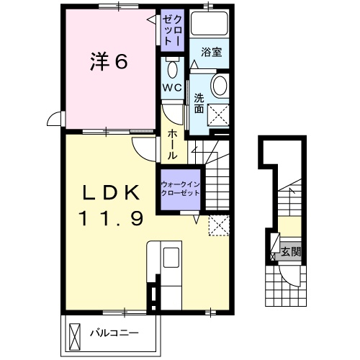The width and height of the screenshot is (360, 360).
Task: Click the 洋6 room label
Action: (109, 61)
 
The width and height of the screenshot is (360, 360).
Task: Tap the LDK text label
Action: (112, 192)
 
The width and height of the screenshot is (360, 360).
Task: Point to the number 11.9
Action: (112, 218)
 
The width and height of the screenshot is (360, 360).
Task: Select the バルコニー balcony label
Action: (114, 333)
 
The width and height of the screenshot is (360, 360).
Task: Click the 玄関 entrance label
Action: (291, 251)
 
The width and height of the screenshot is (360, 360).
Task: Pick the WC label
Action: (172, 88)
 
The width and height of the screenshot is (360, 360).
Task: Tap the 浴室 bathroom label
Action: (211, 52)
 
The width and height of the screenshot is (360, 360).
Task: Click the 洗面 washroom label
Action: (199, 104)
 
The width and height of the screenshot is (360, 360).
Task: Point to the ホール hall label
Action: (172, 145)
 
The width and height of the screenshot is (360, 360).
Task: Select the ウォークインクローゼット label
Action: (181, 189)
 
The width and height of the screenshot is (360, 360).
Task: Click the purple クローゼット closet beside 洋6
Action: (172, 30)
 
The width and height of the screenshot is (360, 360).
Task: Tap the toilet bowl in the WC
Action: (172, 68)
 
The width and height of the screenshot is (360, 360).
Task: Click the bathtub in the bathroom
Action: (209, 23)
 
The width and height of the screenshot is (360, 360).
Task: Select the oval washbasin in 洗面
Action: (220, 86)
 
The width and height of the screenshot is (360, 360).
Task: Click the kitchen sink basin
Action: (171, 257)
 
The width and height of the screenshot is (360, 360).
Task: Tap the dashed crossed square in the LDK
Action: (219, 225)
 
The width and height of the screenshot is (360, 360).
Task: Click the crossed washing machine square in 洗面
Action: (218, 114)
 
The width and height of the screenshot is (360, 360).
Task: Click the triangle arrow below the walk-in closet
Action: (197, 220)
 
